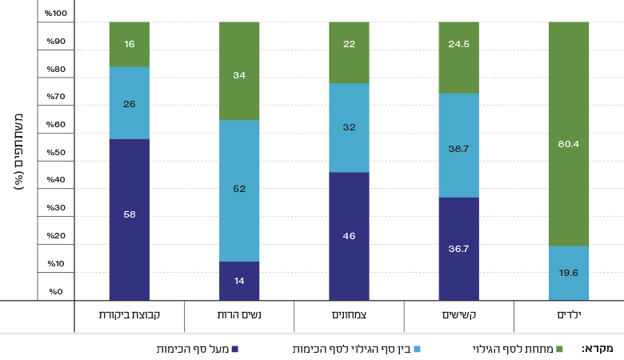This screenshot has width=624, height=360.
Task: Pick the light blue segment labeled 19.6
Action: (569, 273)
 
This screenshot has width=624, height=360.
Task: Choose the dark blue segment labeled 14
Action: (239, 281)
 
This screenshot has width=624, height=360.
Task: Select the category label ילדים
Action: (568, 315)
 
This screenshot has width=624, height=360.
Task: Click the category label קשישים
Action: (459, 315)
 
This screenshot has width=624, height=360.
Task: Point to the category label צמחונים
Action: (350, 315)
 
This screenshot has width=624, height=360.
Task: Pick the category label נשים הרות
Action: (240, 315)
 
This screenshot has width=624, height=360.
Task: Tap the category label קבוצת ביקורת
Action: (130, 315)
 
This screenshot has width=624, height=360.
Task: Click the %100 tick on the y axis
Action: (57, 14)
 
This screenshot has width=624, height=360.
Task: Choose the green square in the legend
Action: (559, 349)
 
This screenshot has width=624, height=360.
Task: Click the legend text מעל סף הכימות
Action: (192, 349)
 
